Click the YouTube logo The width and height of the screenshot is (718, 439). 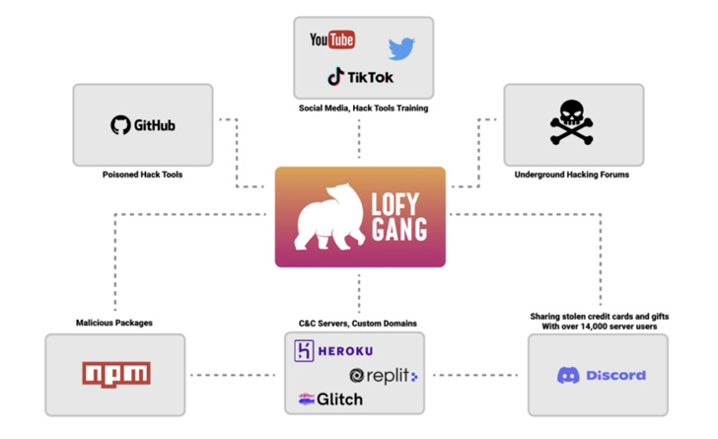[x=331, y=40]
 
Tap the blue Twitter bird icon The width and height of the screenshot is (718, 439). [x=401, y=48]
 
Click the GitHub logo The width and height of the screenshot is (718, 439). [x=143, y=125]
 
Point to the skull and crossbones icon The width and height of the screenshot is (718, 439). [x=572, y=124]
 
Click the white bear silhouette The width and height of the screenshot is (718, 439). [x=333, y=219]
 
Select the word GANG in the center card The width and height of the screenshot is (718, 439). [x=399, y=232]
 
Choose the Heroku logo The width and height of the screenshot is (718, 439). [x=333, y=350]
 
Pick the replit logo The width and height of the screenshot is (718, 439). [x=384, y=376]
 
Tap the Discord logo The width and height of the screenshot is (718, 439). [x=601, y=375]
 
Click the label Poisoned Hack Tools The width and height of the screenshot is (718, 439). [x=142, y=175]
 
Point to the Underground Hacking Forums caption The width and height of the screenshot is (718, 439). [x=573, y=175]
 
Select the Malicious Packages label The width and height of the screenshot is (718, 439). [x=114, y=322]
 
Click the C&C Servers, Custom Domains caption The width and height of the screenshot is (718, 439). [x=359, y=323]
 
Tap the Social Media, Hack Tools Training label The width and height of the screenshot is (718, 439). [x=363, y=109]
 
